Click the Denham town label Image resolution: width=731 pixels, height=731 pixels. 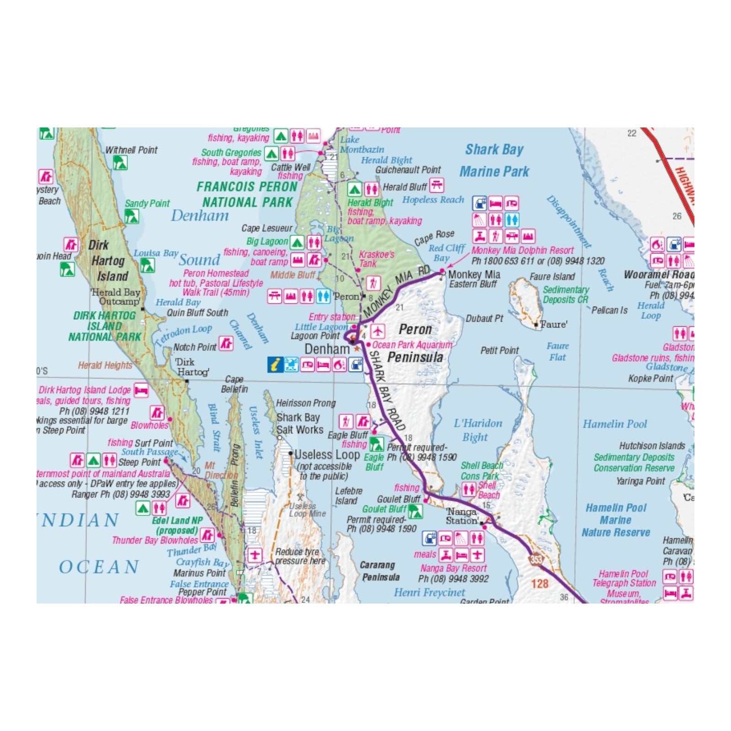point(327,349)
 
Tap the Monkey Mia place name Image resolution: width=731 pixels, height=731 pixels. point(474,275)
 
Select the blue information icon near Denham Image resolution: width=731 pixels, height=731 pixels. point(275,365)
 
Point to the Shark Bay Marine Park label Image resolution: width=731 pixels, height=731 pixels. point(494,160)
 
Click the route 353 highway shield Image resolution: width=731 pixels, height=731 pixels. point(536,559)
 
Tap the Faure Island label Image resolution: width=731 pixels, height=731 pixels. point(552,276)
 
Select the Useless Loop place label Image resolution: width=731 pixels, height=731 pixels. point(327,455)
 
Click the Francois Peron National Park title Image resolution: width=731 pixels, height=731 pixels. point(247,194)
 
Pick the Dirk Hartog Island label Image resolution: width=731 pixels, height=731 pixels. point(106,260)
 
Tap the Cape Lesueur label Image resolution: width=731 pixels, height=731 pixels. point(267,228)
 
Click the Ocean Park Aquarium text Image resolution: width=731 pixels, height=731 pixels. point(412,345)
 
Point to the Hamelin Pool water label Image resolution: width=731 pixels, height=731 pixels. point(614,424)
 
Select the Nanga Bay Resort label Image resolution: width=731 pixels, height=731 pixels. point(453,568)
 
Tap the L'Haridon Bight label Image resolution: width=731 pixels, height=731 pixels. point(477,430)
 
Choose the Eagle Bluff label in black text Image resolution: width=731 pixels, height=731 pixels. point(348,435)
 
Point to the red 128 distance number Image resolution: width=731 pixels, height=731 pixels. point(540,583)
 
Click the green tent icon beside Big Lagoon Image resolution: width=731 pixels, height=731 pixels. point(297,242)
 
